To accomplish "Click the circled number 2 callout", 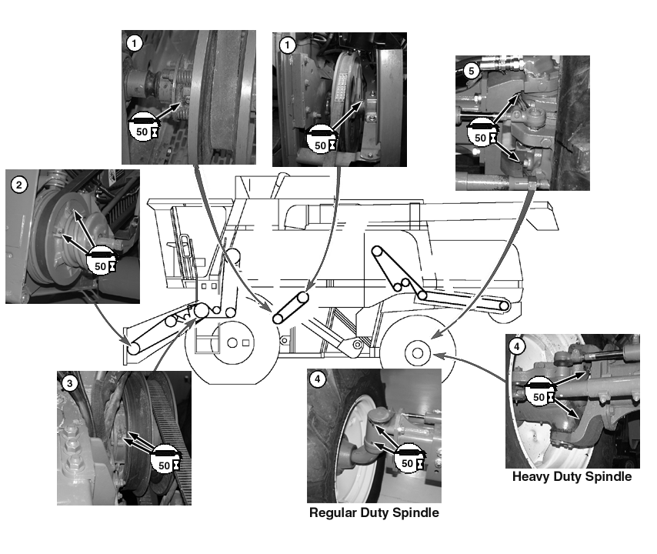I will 19,185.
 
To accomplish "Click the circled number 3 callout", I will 70,384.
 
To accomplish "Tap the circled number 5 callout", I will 471,69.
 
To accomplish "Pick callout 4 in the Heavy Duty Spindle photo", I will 518,347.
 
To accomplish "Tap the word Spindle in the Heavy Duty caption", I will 608,477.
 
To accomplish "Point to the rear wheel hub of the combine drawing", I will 416,353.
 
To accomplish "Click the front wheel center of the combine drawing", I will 230,342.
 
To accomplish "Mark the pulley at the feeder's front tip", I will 134,349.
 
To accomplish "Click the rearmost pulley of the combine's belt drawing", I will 504,307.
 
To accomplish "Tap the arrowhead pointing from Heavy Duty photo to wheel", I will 435,355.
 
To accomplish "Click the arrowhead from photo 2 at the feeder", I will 126,343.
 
